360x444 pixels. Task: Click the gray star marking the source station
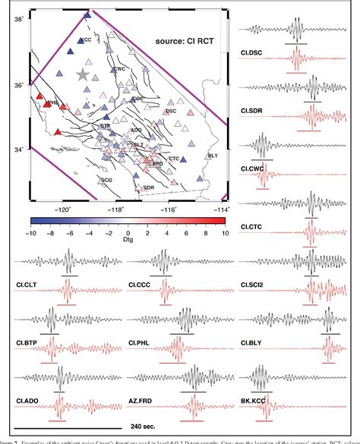(x=83, y=74)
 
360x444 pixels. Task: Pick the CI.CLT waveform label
(x=27, y=285)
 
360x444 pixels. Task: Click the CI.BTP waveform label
(x=27, y=342)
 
